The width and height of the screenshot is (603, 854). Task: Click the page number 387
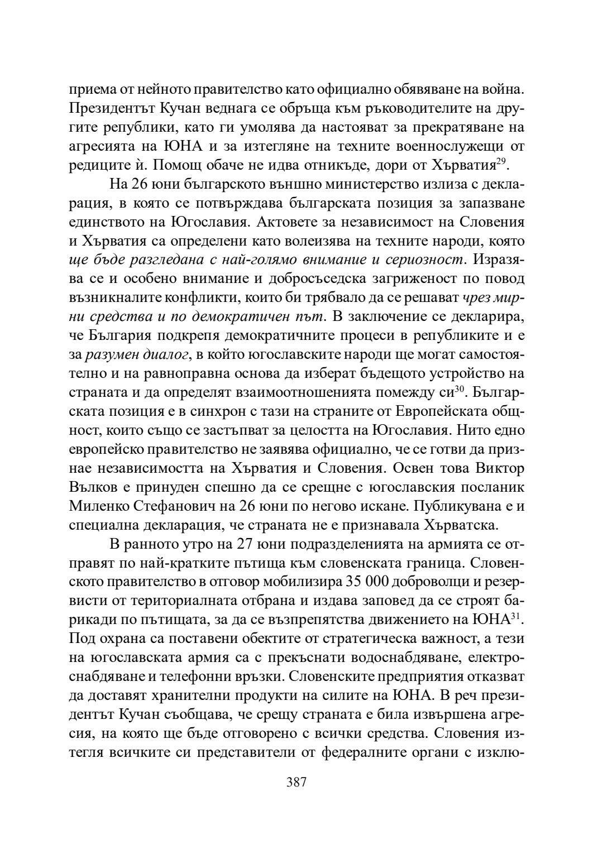tap(296, 781)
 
